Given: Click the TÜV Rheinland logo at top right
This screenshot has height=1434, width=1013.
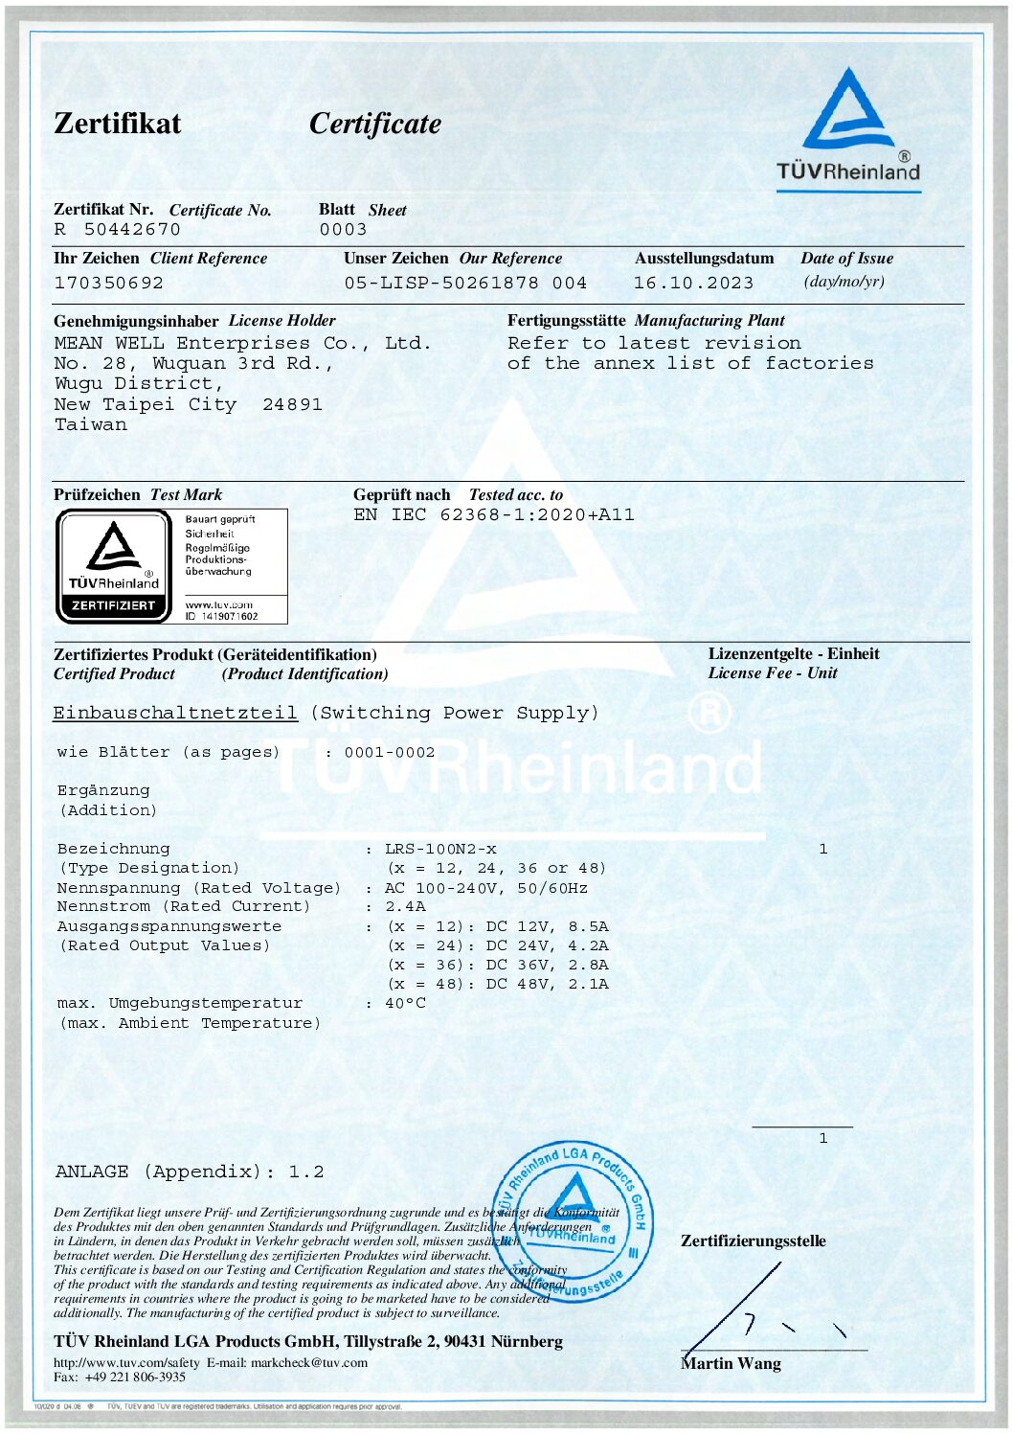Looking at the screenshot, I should tap(848, 125).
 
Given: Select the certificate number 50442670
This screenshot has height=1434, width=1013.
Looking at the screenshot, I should tap(132, 230).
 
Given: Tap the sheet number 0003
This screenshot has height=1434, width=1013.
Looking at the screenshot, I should tap(343, 230).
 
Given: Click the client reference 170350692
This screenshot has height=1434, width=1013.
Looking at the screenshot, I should tap(108, 284).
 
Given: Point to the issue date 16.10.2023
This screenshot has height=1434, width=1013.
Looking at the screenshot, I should tap(693, 284).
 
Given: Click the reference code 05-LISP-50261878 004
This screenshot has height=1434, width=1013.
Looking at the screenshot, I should tap(465, 284).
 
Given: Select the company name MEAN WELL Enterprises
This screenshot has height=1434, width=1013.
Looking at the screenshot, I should tap(182, 343).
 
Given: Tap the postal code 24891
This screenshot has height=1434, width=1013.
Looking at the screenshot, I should tap(292, 404).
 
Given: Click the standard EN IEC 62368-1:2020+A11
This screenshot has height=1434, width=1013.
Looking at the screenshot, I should tap(493, 515).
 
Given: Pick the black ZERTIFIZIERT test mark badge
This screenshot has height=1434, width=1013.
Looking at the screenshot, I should tap(114, 566).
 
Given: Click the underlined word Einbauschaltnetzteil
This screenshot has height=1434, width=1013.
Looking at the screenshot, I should tap(175, 713).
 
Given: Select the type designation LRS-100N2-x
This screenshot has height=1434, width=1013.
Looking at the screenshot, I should tap(440, 849).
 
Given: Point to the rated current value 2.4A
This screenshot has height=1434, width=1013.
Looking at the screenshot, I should tap(405, 906).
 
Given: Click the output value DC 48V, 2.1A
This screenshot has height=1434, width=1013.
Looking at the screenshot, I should tap(547, 984).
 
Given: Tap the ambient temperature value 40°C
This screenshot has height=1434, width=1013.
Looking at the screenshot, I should tap(405, 1003).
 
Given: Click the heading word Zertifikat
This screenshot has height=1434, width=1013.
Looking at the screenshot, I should tap(117, 124).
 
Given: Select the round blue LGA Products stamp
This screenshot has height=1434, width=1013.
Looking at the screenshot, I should tap(574, 1220).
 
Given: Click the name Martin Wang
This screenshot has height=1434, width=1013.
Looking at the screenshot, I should tap(731, 1363).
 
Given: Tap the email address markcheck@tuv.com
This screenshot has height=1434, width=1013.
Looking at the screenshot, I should tap(308, 1362).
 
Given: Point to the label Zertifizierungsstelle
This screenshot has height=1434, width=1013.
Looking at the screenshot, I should tap(753, 1241).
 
